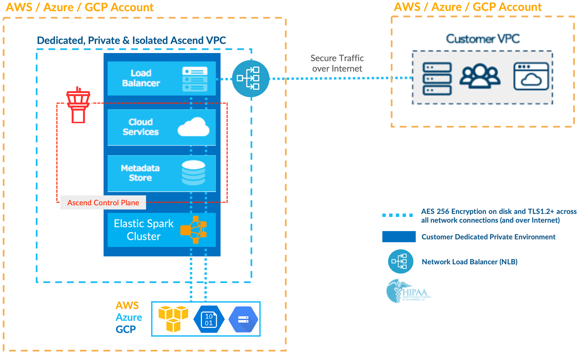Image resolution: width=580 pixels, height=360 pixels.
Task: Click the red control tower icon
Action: click(78, 105)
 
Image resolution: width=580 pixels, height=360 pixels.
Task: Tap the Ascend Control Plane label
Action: click(103, 202)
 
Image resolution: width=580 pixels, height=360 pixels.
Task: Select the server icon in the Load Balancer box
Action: click(195, 79)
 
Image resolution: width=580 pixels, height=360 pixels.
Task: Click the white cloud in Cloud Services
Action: click(193, 127)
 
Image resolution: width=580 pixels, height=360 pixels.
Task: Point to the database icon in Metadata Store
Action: click(193, 173)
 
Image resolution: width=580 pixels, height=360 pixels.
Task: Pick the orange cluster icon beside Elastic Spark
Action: click(194, 230)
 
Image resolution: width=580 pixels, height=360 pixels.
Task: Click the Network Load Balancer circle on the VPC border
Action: click(250, 79)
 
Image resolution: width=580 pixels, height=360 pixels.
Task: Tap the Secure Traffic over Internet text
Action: click(337, 63)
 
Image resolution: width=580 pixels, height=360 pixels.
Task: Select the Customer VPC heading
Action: click(483, 39)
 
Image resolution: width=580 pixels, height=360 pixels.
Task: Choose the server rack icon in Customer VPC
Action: click(437, 79)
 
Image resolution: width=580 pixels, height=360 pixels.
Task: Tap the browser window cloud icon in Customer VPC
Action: click(531, 77)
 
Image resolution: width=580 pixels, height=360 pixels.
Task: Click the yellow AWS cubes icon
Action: click(173, 319)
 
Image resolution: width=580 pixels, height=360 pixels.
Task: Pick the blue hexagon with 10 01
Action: click(209, 319)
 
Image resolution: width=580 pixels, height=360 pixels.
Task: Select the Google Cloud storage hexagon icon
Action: click(243, 319)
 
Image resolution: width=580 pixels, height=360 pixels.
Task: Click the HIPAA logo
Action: click(408, 291)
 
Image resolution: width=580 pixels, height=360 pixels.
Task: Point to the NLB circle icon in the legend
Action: click(400, 261)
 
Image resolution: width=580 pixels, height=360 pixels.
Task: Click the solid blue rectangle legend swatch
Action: click(399, 237)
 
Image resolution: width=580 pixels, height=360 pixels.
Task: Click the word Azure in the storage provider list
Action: click(129, 317)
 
